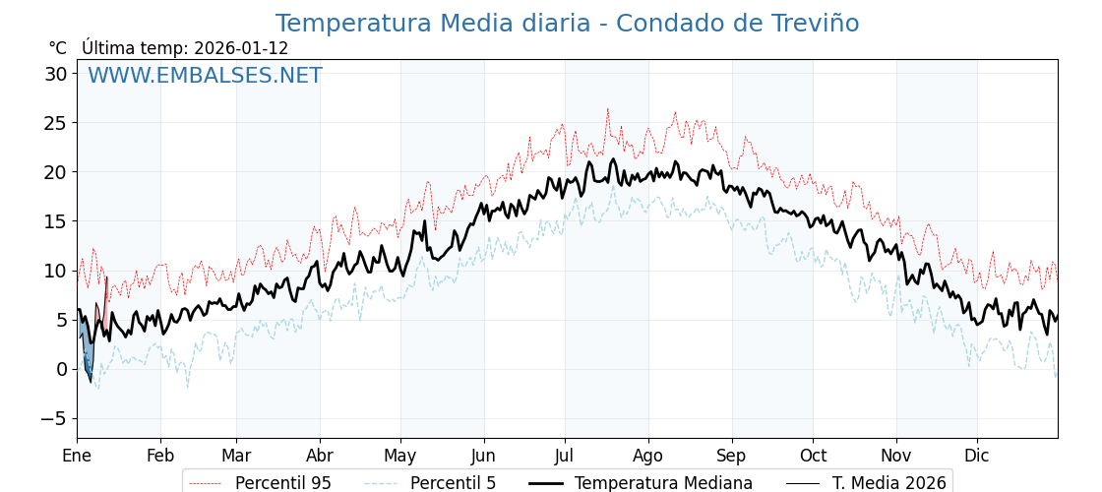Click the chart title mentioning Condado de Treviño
point(567,24)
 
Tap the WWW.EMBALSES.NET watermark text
point(205,76)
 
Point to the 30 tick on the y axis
point(55,74)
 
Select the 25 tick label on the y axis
point(55,123)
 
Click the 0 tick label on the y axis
point(61,369)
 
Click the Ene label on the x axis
point(77,456)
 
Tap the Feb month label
point(160,456)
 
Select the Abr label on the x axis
point(320,456)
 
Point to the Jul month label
point(565,456)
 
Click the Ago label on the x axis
point(648,456)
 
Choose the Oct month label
point(813,456)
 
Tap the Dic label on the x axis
point(977,456)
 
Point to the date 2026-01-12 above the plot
point(241,48)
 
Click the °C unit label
point(58,48)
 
